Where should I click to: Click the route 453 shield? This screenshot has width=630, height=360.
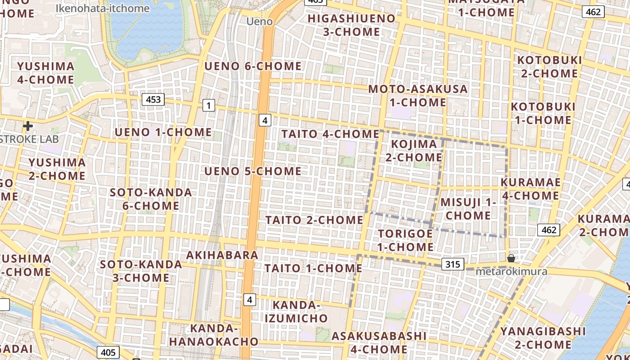[153, 99]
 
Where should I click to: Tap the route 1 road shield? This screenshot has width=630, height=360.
[208, 106]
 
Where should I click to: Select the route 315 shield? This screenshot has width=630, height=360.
[452, 264]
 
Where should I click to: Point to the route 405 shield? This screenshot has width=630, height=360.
[108, 352]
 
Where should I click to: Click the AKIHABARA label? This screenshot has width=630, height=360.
[222, 255]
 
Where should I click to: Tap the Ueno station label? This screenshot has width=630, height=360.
[260, 22]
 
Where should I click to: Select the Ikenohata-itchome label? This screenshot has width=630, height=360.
[103, 8]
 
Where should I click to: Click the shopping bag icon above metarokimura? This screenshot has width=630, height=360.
[511, 258]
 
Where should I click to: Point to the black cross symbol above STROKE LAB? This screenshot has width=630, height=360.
[28, 126]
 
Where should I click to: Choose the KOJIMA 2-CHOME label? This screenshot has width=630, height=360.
[414, 151]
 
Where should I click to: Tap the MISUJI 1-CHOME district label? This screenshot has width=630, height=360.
[468, 209]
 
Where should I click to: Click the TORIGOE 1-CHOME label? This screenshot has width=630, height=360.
[405, 240]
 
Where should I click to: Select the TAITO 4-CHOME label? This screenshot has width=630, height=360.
[330, 134]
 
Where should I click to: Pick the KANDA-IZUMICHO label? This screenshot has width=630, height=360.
[296, 312]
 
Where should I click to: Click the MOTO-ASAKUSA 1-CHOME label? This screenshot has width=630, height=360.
[418, 95]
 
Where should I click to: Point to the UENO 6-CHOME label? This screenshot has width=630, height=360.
[253, 67]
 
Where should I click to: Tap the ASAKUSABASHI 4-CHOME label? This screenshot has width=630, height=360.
[379, 342]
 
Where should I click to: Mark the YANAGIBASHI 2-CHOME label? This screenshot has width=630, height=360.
[543, 338]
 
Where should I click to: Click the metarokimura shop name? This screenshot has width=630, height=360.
[511, 271]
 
